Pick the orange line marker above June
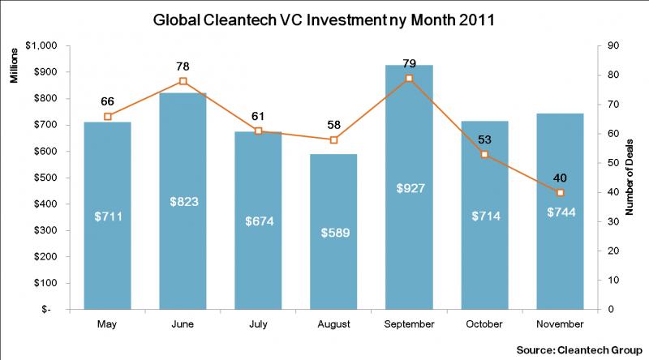coord(183,81)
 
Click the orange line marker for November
coord(560,192)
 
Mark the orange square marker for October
coord(484,154)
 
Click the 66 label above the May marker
coord(107,101)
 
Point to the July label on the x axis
coord(258,324)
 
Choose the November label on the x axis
coord(560,324)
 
